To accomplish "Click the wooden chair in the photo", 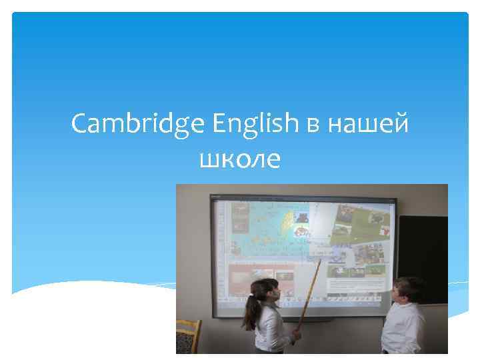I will (x=189, y=337).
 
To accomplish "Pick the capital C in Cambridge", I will (x=80, y=123).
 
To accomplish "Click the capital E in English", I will (x=221, y=123).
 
